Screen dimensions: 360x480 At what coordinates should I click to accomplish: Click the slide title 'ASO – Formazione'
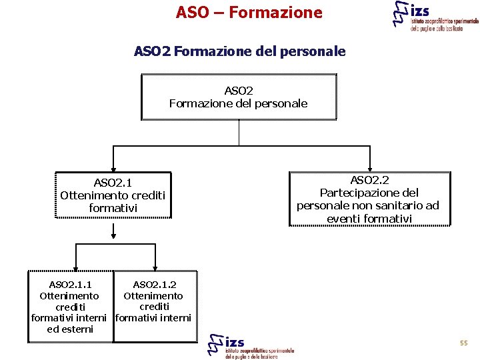[249, 13]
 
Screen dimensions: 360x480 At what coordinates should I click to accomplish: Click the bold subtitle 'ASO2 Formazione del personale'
[239, 51]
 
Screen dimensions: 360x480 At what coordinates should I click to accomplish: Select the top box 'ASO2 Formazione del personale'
[239, 97]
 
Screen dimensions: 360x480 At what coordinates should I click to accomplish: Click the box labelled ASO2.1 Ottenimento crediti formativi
[113, 195]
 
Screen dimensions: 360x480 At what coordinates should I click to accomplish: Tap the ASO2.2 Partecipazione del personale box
[369, 199]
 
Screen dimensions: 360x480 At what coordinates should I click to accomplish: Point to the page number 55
[463, 343]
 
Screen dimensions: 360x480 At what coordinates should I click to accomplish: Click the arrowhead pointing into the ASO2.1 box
[113, 169]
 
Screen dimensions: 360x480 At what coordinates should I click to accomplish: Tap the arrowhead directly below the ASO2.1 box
[113, 234]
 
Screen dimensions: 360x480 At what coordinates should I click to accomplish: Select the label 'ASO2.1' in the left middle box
[113, 183]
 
